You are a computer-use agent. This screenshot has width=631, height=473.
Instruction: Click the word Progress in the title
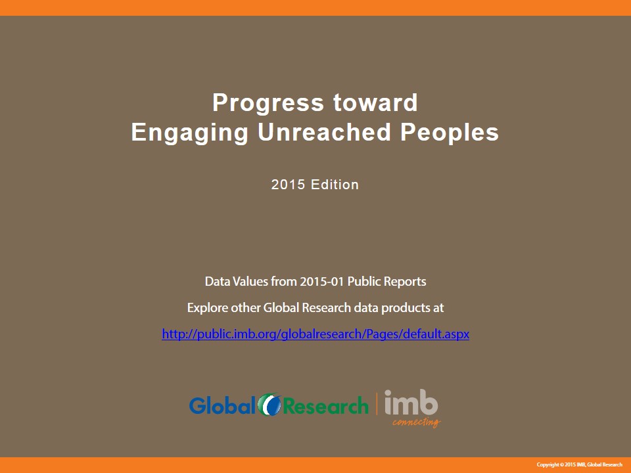coord(268,104)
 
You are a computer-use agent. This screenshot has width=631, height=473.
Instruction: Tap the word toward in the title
coord(375,102)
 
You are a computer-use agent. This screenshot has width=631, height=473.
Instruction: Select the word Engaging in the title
coord(189,133)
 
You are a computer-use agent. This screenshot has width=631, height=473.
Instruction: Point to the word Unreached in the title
coord(324,132)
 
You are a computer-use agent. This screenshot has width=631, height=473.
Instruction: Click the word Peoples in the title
coord(450,133)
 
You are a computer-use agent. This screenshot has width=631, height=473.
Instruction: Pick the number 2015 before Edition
coord(288,185)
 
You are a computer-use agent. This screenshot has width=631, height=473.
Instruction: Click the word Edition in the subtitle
coord(335,185)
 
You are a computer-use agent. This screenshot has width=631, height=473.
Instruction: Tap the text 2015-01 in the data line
coord(322,281)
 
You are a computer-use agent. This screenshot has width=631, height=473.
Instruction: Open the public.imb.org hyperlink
coord(315,334)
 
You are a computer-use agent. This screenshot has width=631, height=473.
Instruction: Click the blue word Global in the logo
coord(222,405)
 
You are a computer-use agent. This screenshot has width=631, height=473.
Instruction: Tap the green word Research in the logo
coord(326,406)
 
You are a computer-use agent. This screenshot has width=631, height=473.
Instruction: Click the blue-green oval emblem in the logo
coord(269,404)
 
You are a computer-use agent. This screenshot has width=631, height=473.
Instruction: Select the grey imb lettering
coord(411,402)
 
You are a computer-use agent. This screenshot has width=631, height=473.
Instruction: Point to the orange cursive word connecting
coord(417,422)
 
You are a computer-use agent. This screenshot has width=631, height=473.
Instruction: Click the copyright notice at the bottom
coord(580,464)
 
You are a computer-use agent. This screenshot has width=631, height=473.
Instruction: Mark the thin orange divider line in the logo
coord(377,404)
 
